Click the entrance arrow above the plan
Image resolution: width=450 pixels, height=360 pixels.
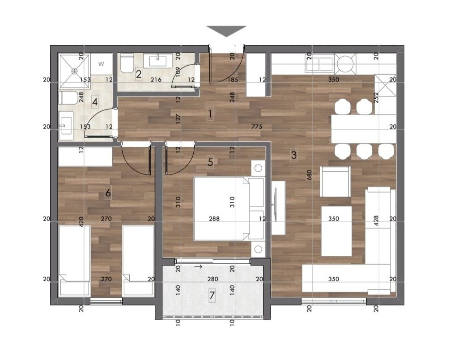tap(226, 31)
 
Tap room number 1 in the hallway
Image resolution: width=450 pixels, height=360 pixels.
tap(210, 114)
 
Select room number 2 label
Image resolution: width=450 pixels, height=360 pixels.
tap(139, 75)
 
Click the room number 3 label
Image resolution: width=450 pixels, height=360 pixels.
tap(293, 155)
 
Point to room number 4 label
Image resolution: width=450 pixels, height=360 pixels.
tap(95, 102)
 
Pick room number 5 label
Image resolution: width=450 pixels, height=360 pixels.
tap(210, 162)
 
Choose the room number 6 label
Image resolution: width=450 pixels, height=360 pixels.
tap(108, 193)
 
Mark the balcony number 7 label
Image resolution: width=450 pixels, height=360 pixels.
tap(212, 295)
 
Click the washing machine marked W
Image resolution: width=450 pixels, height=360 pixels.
tap(101, 64)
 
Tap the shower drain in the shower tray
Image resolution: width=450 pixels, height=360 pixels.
tap(75, 70)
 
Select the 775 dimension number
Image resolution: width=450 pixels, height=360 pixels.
tap(257, 127)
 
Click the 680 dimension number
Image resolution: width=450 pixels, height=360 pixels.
tap(309, 175)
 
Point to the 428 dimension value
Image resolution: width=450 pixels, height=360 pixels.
tap(377, 221)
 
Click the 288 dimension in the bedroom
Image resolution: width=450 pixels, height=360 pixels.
tap(214, 219)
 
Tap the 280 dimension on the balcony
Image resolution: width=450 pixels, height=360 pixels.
tap(212, 279)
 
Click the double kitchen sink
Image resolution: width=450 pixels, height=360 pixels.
tap(320, 63)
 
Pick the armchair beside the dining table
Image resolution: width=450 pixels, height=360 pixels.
tap(335, 182)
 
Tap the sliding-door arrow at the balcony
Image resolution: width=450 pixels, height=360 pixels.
tap(198, 267)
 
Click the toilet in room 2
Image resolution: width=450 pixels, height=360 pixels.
tap(126, 64)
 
